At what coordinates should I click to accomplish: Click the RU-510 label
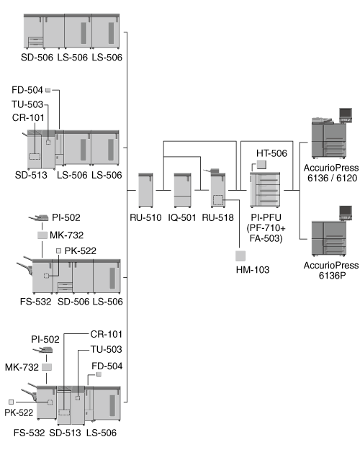pos(145,217)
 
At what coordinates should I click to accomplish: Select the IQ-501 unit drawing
pos(182,190)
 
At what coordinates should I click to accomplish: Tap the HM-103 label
pos(253,270)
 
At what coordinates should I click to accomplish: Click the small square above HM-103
pos(240,256)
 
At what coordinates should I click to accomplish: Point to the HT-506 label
pos(271,153)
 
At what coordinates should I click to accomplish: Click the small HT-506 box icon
pos(261,165)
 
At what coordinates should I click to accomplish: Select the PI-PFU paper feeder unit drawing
pos(265,190)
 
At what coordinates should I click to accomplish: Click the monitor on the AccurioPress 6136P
pos(346,212)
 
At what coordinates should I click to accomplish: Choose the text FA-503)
pos(266,238)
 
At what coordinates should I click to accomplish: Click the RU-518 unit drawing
pos(217,189)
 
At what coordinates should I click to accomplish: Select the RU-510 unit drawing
pos(145,190)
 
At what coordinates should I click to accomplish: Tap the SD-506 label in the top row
pos(37,57)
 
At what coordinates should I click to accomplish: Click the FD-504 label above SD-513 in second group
pos(27,90)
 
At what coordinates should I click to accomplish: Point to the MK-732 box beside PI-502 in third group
pos(42,235)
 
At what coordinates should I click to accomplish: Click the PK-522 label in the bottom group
pos(19,412)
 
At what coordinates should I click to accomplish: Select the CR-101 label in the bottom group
pos(107,334)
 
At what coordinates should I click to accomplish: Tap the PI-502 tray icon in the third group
pos(39,217)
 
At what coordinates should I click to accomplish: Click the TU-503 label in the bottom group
pos(107,349)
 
